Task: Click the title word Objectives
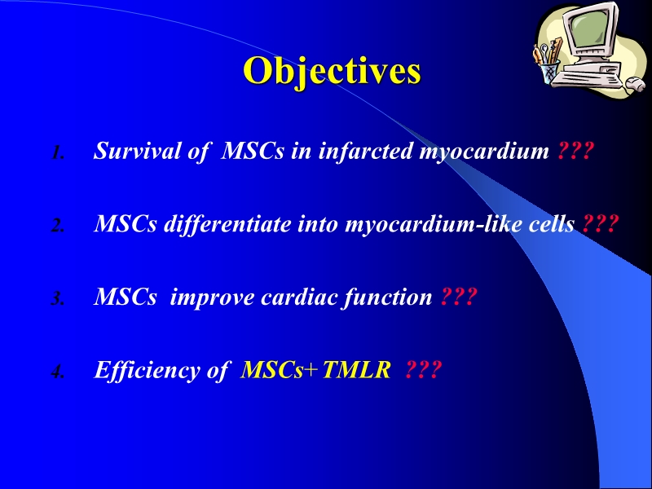point(332,71)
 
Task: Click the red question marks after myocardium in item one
point(573,151)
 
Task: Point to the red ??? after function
point(457,297)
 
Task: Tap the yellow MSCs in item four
point(272,371)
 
